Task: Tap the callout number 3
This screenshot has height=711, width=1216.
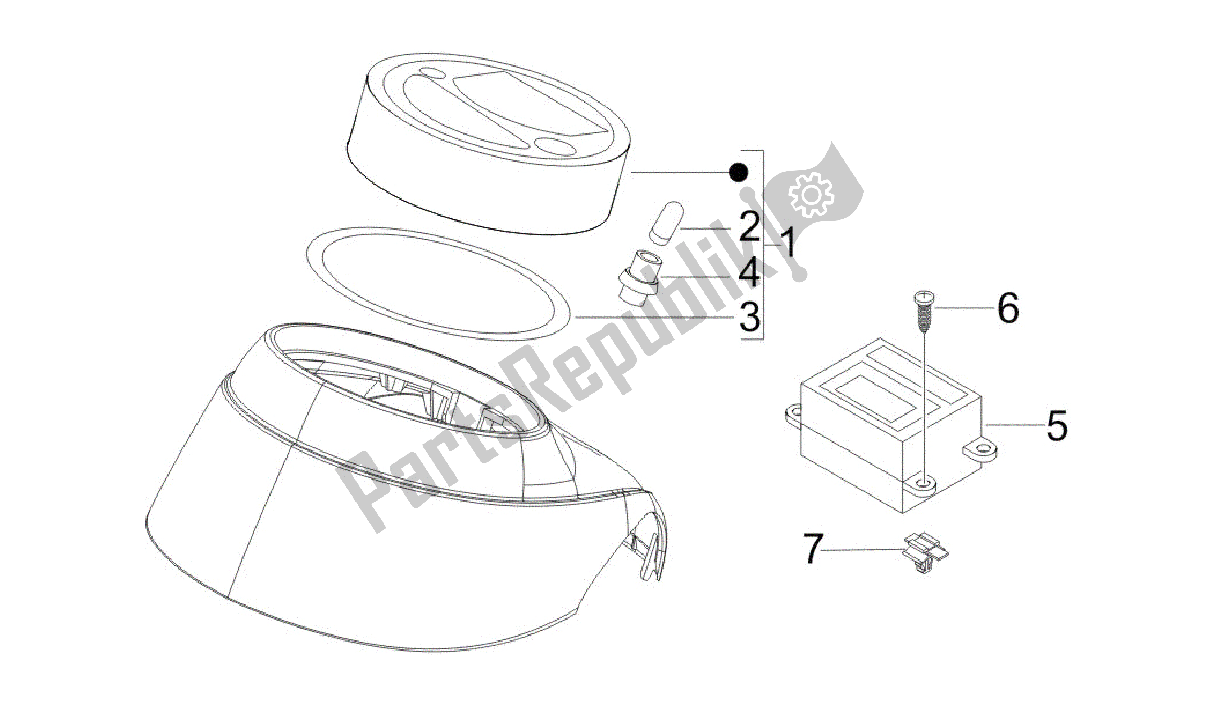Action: (749, 317)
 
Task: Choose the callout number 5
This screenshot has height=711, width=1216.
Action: (1057, 425)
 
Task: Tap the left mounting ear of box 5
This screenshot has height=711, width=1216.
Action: (793, 415)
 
